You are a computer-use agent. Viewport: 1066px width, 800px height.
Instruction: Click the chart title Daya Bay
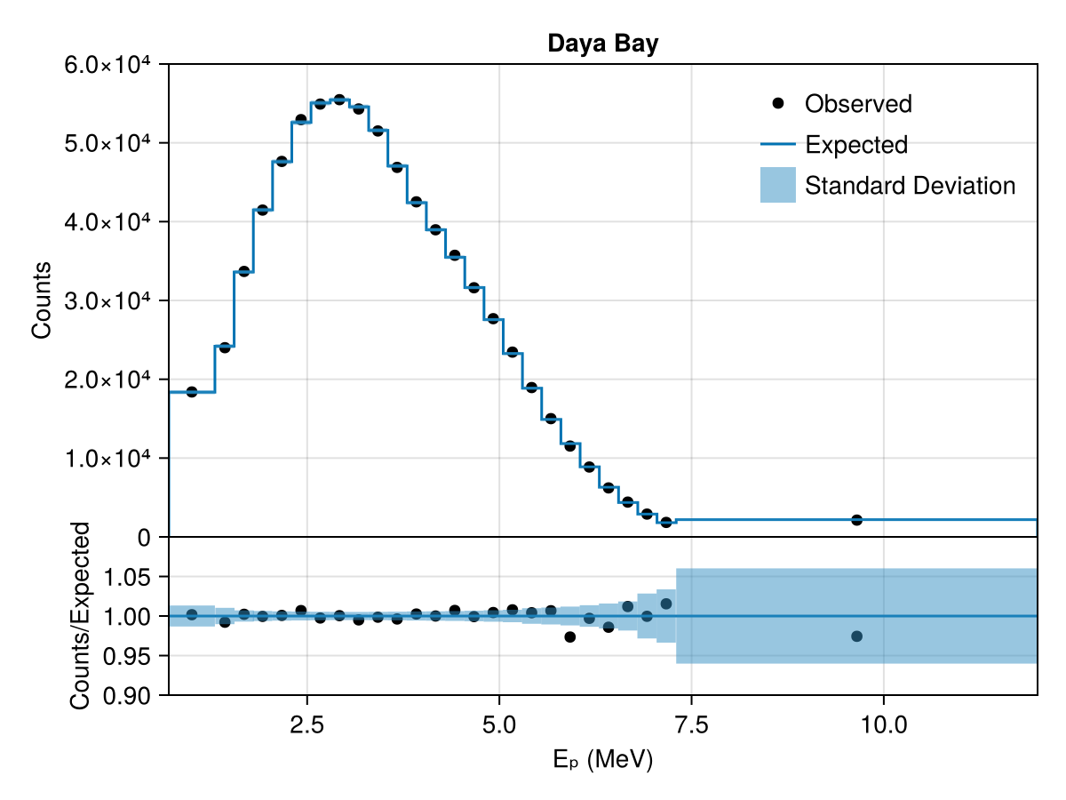602,44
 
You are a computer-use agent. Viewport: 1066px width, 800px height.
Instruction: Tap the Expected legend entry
834,144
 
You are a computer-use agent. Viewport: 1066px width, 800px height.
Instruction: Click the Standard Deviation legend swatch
777,185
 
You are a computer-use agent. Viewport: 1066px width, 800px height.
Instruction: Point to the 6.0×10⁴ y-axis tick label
107,65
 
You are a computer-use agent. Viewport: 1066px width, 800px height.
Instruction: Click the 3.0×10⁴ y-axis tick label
107,301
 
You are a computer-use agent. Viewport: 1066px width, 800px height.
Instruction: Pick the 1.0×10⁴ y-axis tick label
107,459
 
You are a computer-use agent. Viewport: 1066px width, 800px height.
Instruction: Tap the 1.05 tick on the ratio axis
126,578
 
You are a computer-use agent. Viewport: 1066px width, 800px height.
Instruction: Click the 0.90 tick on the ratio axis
126,696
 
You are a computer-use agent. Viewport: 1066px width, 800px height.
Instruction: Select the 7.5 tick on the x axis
691,725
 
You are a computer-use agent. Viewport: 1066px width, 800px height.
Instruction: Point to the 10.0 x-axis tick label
883,725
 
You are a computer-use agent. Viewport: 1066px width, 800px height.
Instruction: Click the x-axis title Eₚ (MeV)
602,759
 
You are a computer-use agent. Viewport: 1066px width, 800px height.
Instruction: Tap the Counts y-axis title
41,300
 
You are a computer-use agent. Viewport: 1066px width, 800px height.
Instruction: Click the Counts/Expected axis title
80,616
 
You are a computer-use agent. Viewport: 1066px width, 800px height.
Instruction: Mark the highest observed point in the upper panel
339,100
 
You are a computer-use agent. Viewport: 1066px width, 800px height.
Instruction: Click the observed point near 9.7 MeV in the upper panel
856,520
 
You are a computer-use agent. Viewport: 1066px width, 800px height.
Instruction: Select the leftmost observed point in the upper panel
192,392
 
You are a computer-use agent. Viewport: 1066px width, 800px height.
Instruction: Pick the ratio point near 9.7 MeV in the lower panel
856,636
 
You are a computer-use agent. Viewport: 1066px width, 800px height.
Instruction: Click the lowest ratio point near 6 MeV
570,636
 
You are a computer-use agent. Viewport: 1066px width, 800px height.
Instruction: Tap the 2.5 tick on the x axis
306,725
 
